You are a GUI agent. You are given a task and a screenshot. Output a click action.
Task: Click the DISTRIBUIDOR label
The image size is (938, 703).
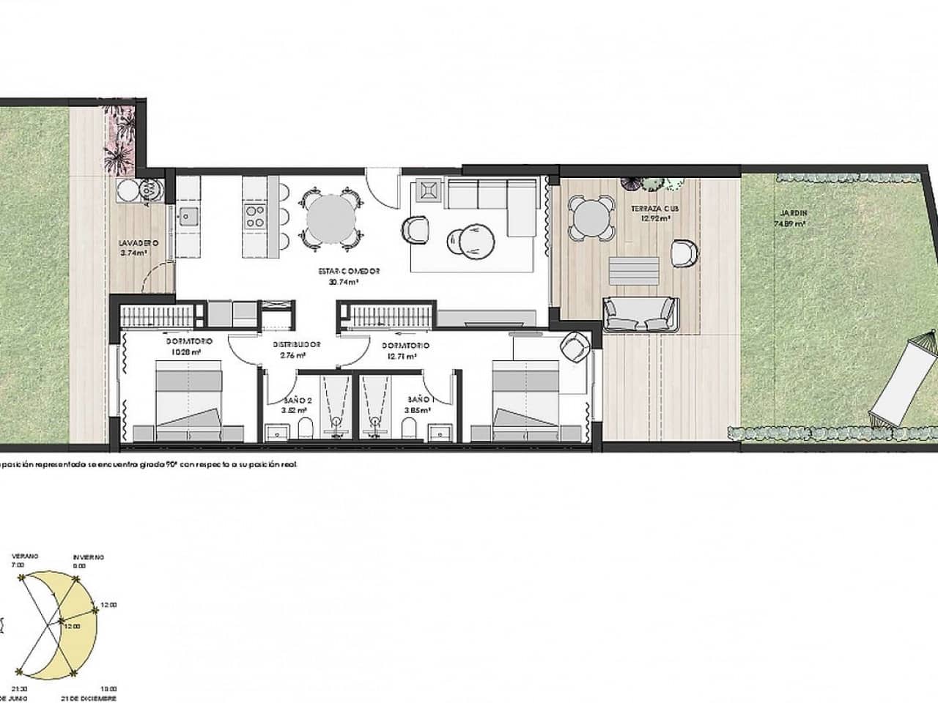[x=298, y=345]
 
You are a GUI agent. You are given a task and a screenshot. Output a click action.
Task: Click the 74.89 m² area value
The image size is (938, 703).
[x=790, y=225]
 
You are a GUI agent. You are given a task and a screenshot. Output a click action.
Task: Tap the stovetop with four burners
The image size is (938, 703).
[x=255, y=214]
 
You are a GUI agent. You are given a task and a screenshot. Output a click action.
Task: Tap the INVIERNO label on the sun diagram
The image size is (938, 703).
[x=87, y=557]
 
